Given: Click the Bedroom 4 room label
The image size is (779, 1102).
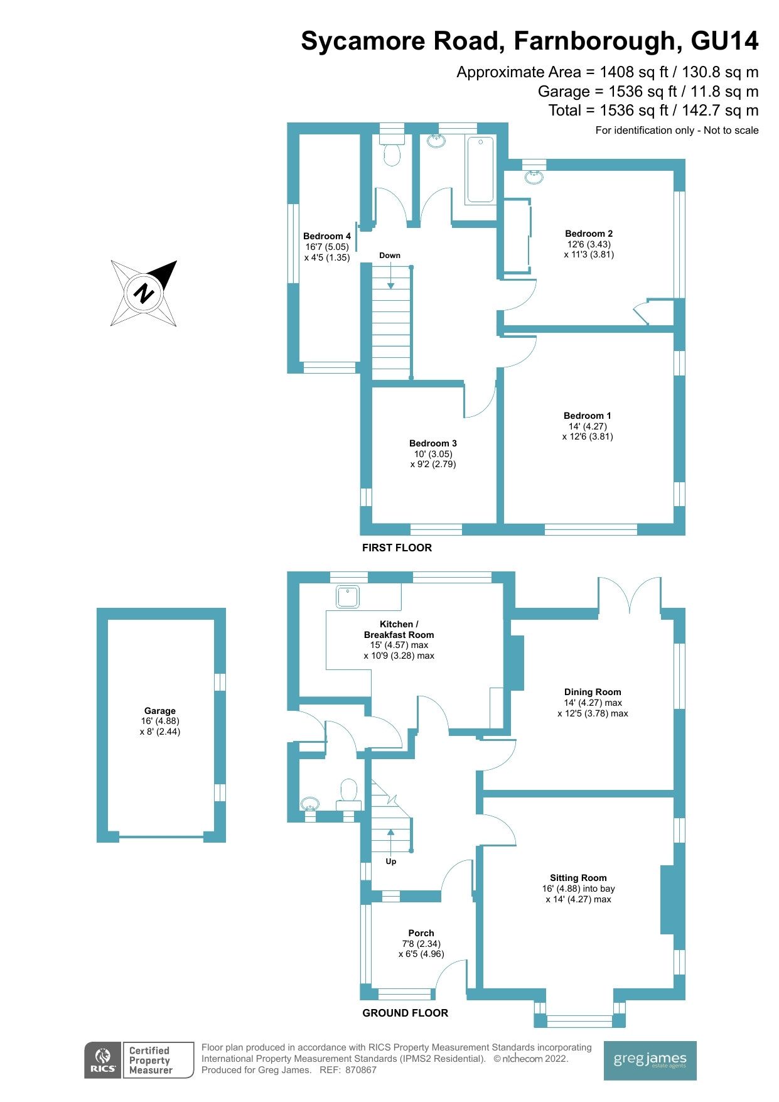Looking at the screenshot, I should click(326, 237).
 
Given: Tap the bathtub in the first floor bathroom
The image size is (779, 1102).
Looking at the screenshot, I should click(480, 170).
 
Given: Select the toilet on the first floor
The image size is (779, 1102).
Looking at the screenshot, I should click(392, 154).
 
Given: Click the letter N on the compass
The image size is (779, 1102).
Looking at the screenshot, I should click(144, 293).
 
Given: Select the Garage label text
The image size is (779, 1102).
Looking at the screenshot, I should click(159, 711).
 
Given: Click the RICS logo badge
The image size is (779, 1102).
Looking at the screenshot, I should click(103, 1061).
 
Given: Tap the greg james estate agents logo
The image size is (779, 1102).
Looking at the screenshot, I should click(650, 1061).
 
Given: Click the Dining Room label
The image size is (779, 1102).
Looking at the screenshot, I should click(593, 692).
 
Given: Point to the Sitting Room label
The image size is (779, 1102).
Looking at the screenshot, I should click(578, 878).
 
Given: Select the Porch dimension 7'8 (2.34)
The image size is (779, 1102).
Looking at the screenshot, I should click(421, 944).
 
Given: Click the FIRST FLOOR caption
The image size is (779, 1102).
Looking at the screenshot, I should click(397, 548).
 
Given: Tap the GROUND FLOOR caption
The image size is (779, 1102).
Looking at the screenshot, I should click(405, 1013).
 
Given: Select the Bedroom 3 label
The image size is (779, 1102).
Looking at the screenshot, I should click(432, 443).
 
